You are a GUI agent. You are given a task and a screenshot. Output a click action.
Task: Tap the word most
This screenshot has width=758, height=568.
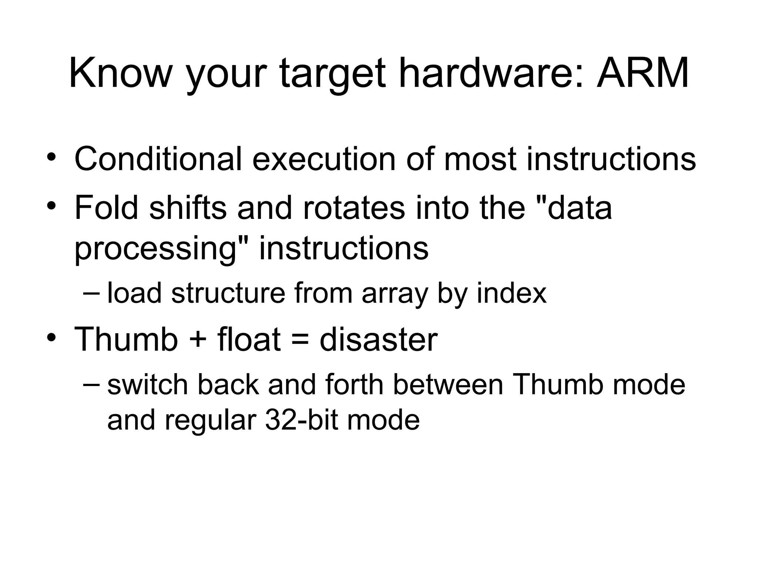coord(480,159)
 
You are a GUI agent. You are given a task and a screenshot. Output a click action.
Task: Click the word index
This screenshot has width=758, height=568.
coord(511,293)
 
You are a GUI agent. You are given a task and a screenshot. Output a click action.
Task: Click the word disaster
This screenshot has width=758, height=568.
coord(378,339)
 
